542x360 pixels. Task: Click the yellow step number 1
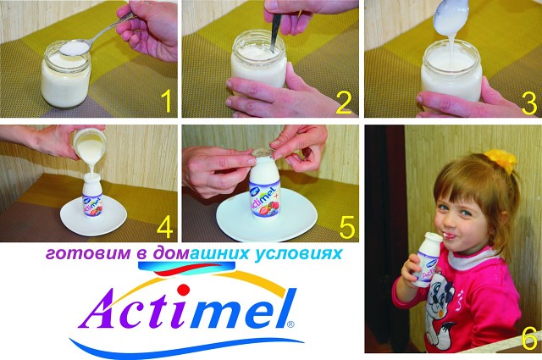(x=166, y=100)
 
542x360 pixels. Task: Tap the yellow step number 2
(x=343, y=102)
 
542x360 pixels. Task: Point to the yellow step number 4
(x=164, y=225)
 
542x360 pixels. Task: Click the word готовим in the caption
(x=86, y=254)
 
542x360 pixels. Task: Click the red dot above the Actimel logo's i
(x=184, y=289)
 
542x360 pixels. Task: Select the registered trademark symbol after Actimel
(x=290, y=324)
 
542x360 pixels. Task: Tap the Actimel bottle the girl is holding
(x=427, y=259)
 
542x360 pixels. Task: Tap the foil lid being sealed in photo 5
(x=264, y=152)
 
